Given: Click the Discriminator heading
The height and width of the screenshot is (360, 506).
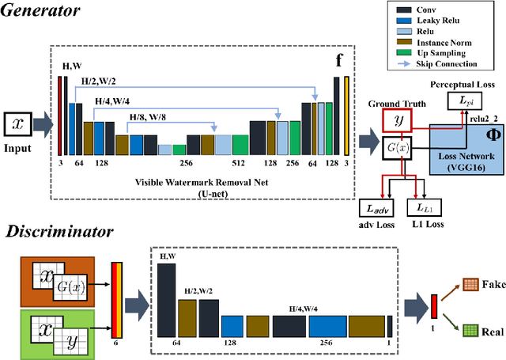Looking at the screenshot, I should [59, 231].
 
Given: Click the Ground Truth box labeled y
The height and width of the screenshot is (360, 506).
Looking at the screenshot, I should [395, 120].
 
